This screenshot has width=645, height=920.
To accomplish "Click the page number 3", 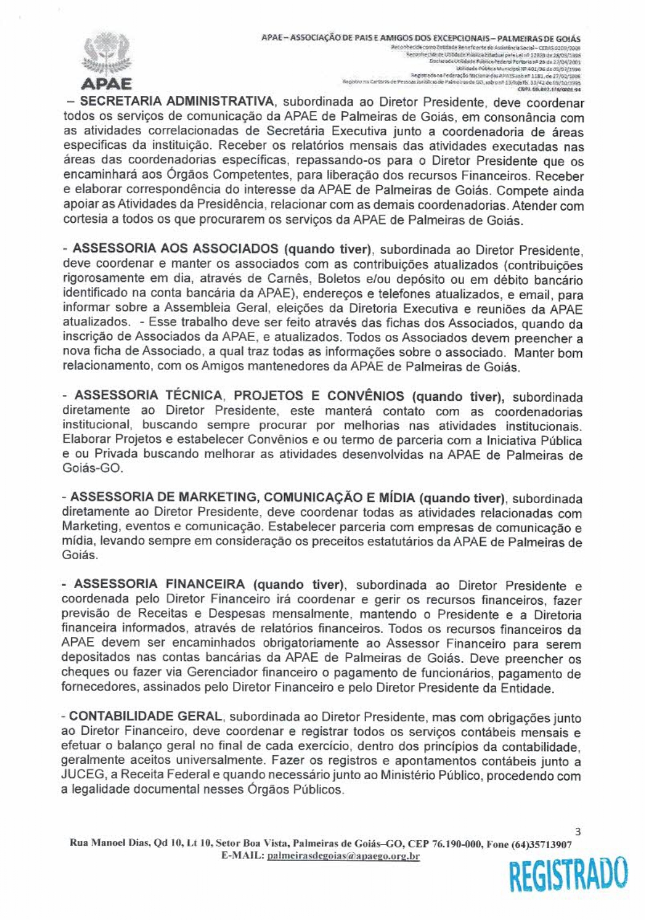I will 577,832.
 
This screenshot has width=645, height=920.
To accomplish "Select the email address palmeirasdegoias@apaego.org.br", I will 343,856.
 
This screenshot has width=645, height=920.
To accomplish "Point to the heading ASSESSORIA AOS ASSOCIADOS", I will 175,249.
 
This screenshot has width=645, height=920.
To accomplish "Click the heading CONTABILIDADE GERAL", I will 145,716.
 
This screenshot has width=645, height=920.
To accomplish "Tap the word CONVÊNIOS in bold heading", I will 366,396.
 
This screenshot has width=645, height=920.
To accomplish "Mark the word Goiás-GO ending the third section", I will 92,468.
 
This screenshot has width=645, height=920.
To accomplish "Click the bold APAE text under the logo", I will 107,84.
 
